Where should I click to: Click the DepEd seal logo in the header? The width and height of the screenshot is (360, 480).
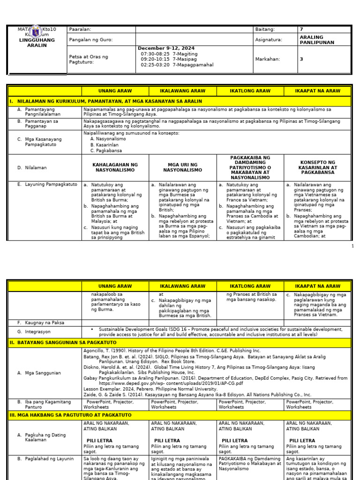(37, 32)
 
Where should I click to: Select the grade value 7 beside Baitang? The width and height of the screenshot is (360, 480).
(301, 29)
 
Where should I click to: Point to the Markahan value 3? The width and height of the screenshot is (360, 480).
(301, 60)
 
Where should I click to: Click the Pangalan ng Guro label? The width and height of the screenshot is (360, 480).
(90, 39)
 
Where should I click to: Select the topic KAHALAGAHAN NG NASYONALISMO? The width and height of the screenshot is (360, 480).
(115, 167)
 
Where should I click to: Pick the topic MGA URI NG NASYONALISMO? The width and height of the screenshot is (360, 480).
(182, 167)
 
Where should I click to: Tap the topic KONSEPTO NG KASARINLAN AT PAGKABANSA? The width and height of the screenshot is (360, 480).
(318, 167)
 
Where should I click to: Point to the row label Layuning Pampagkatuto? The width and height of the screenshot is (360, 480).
(51, 185)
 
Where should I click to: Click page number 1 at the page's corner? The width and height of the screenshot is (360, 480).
(352, 246)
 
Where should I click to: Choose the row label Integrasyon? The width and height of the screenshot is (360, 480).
(41, 332)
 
